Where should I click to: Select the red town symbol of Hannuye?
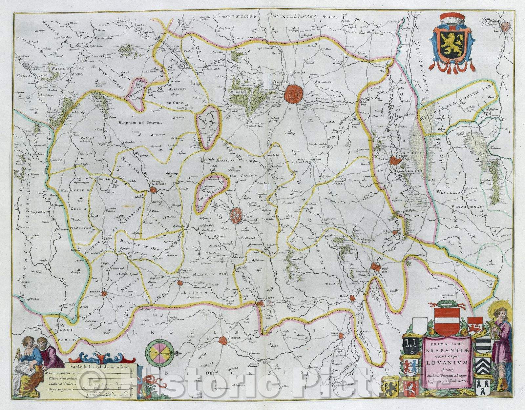click(104, 294)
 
